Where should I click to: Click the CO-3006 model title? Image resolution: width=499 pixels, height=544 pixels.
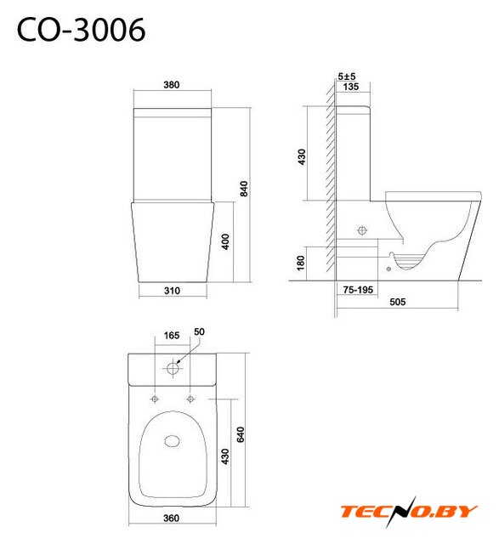click(x=81, y=31)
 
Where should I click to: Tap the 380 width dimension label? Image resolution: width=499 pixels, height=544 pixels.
click(x=172, y=85)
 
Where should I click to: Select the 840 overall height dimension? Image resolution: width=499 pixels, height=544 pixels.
click(x=244, y=189)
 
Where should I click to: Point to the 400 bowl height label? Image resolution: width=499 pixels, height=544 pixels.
click(x=225, y=241)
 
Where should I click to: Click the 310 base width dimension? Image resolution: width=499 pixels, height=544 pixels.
click(x=172, y=291)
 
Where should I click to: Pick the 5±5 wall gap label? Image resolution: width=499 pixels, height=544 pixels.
click(x=346, y=76)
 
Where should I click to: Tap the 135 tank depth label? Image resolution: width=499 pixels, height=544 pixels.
click(x=350, y=87)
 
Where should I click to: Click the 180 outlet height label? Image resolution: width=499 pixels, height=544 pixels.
click(x=301, y=263)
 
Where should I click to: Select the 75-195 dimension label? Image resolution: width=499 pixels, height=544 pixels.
click(x=358, y=289)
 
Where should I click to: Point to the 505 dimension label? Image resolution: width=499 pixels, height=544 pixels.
click(x=397, y=302)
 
